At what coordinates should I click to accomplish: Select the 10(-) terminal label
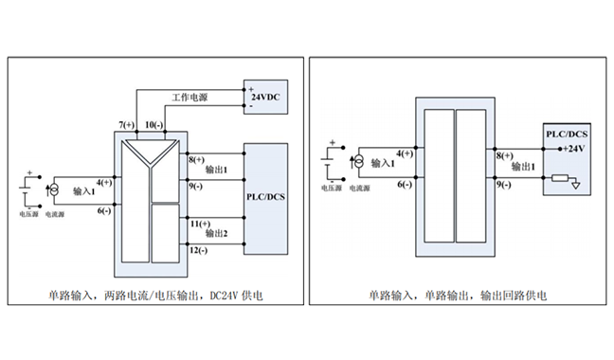click(153, 125)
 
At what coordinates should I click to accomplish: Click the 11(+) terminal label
click(199, 223)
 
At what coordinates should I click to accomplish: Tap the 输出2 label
click(216, 232)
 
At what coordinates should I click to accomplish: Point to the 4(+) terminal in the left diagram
click(103, 181)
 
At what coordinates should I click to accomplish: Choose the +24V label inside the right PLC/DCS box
click(574, 148)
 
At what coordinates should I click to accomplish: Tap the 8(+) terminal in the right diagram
click(503, 154)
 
